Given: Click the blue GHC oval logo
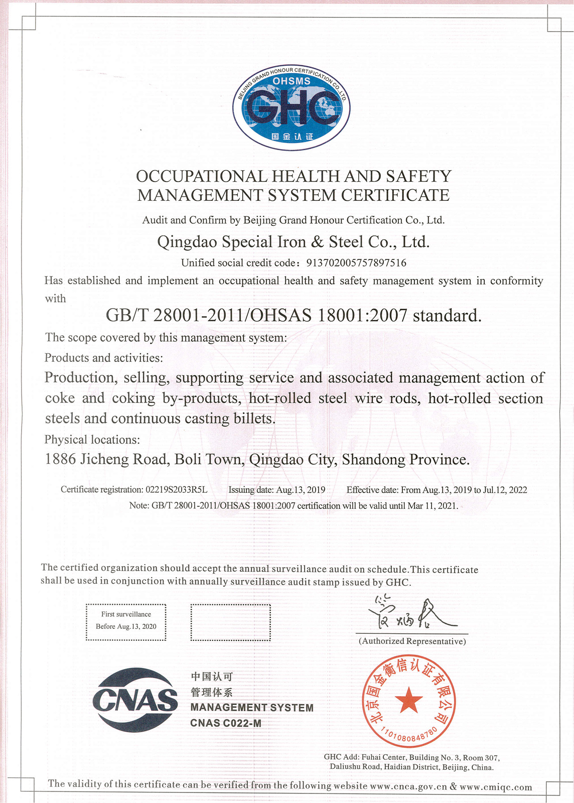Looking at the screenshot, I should (x=291, y=108).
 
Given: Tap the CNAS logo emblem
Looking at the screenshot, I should (x=135, y=700).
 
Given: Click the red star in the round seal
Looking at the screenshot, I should (x=409, y=700).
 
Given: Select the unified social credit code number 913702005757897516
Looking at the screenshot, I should (x=356, y=263).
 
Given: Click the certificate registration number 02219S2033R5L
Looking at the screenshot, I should (x=176, y=490).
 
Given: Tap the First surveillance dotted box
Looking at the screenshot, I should (x=126, y=622).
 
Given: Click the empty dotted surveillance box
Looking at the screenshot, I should (x=230, y=622).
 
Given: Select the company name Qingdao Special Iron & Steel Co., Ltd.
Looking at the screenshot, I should (x=294, y=242).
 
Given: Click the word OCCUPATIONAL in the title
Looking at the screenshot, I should (x=202, y=176).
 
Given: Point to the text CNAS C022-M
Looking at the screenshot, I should (x=226, y=723).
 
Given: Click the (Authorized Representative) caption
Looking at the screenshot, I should (x=412, y=641).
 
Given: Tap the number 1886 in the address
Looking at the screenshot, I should (x=60, y=459).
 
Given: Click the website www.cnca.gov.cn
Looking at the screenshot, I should (x=408, y=786).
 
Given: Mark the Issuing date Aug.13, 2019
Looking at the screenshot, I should (x=276, y=490).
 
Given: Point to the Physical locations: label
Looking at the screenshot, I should (x=92, y=440).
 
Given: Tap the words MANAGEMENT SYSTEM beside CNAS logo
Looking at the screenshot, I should (x=252, y=708).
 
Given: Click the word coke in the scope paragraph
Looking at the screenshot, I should (x=60, y=398).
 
